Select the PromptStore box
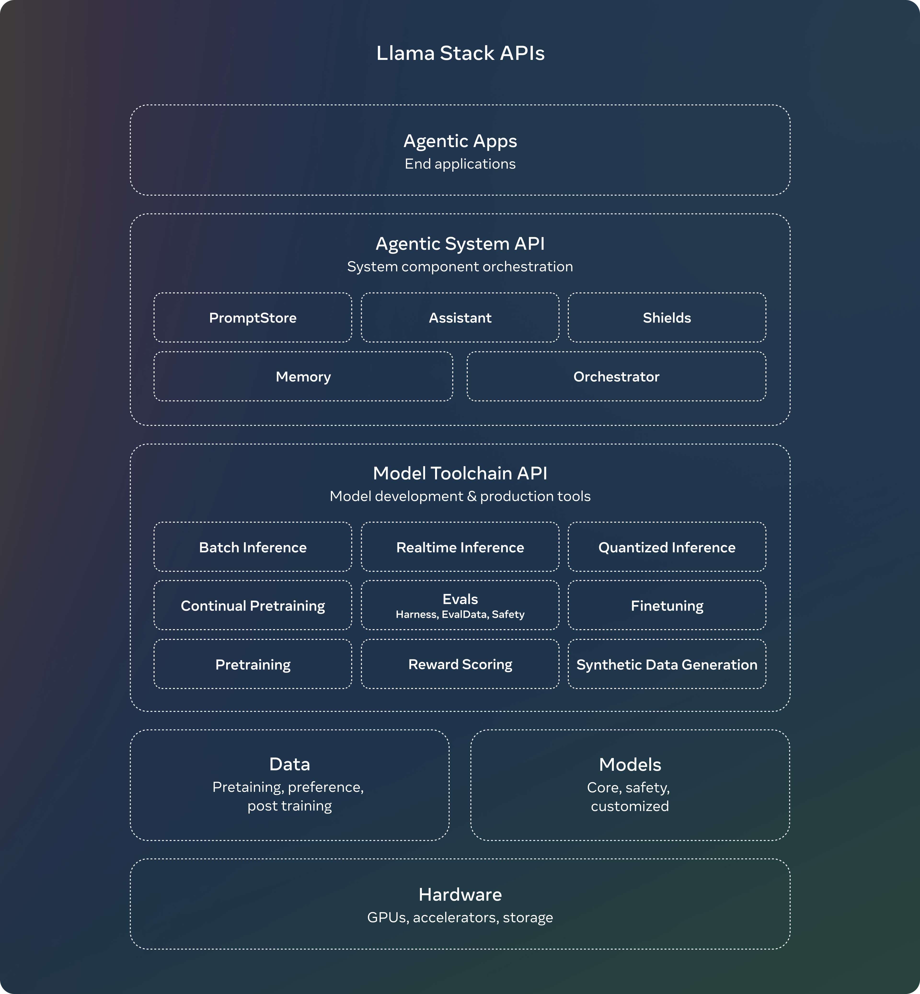point(253,318)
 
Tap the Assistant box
point(460,318)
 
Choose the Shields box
point(667,318)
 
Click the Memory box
point(303,376)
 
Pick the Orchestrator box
point(616,376)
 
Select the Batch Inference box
point(253,547)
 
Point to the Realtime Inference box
point(460,547)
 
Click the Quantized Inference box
point(667,547)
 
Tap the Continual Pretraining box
point(253,605)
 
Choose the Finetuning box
point(667,605)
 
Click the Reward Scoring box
point(460,664)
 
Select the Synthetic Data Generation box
point(667,664)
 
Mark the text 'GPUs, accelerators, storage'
point(460,917)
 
